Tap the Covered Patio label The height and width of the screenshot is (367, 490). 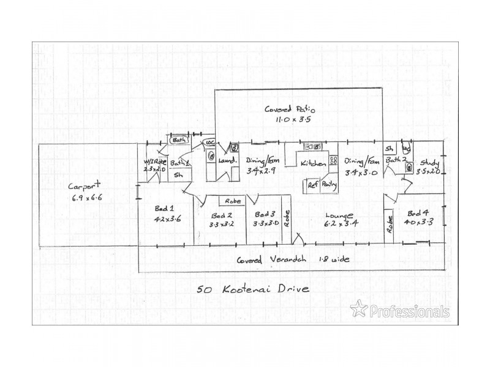[286, 109]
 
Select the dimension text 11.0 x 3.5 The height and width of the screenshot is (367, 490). [294, 120]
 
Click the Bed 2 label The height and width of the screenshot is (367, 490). [221, 215]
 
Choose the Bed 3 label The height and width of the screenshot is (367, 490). [265, 215]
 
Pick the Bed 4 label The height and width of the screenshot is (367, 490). [418, 213]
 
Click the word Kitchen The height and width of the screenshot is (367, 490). [312, 164]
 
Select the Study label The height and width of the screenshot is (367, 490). [429, 163]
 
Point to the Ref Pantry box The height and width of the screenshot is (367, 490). [322, 185]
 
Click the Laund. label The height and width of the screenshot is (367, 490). [227, 161]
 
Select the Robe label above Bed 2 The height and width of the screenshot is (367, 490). [232, 201]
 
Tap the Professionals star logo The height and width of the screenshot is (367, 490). [359, 309]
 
